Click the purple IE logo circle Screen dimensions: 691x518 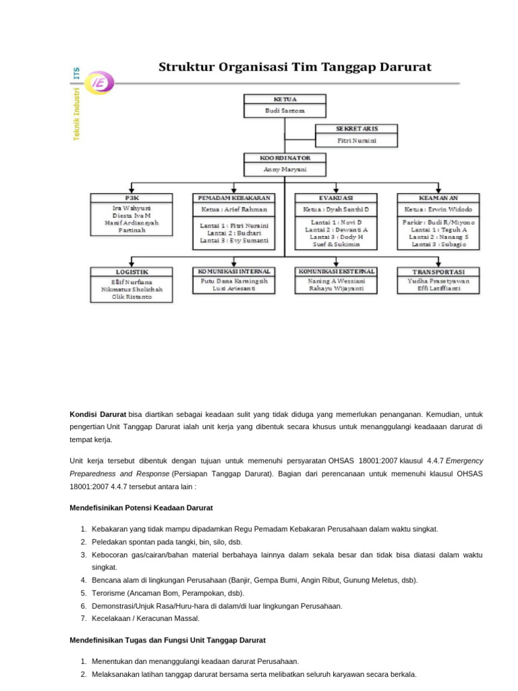[x=101, y=83]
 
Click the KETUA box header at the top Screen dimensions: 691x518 [x=284, y=99]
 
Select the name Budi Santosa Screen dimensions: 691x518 [x=284, y=110]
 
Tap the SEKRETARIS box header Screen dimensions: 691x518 [x=356, y=128]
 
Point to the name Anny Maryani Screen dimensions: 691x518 [x=284, y=169]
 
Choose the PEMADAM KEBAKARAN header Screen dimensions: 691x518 [x=234, y=198]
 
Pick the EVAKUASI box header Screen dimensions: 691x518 [x=336, y=198]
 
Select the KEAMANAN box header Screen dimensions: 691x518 [x=438, y=198]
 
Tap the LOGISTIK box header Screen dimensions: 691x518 [x=132, y=271]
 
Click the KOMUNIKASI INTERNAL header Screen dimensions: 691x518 [x=234, y=271]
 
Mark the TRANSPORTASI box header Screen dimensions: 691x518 [x=438, y=271]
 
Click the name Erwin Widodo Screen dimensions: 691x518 [x=448, y=210]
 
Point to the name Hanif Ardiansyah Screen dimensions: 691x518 [x=132, y=222]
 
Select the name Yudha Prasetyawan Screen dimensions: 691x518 [x=438, y=281]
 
